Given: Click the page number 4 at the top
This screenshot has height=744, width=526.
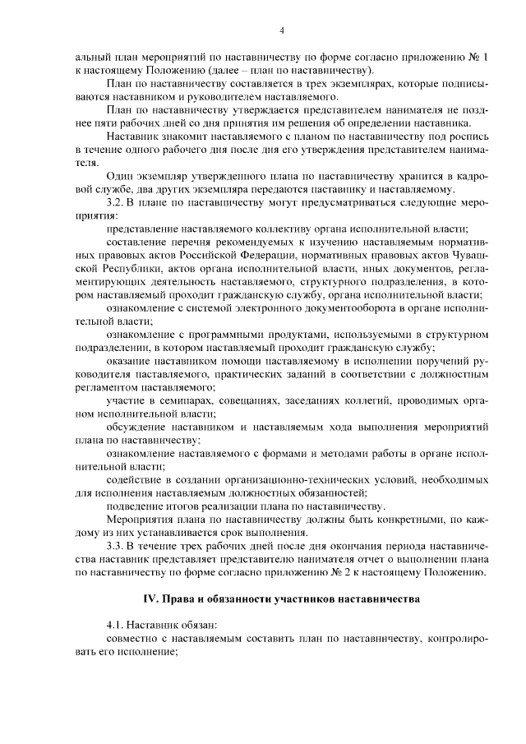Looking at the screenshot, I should pos(281,31).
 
